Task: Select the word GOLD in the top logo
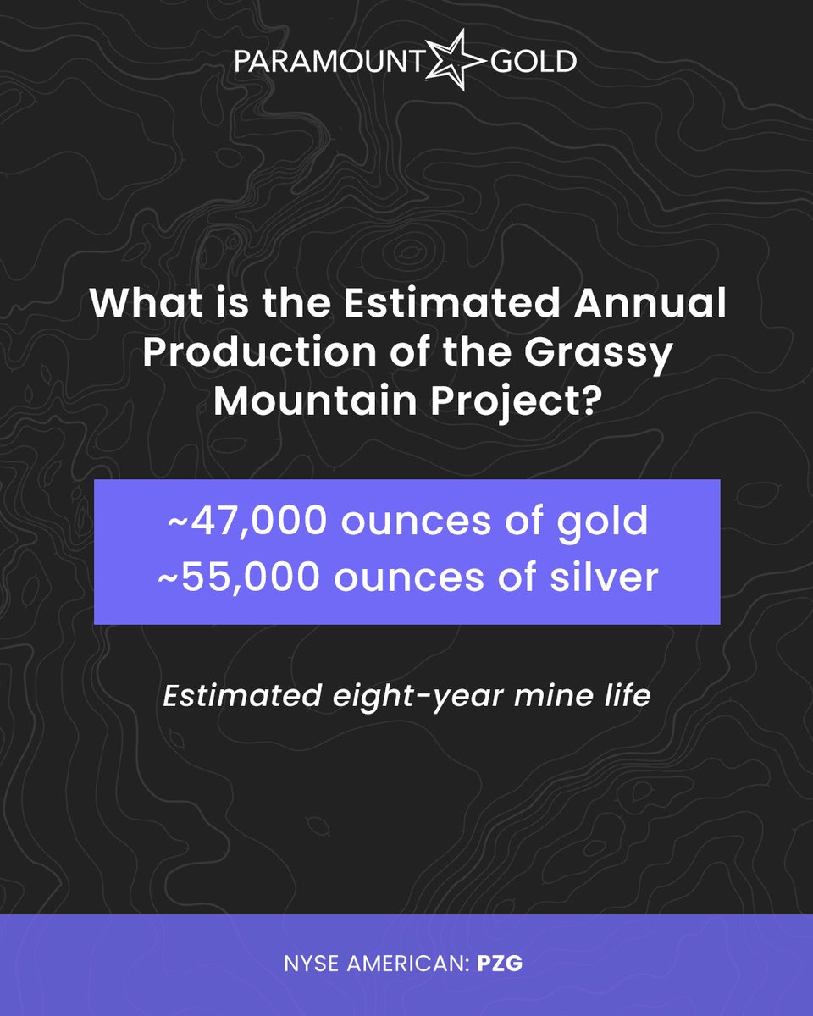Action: [x=534, y=61]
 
